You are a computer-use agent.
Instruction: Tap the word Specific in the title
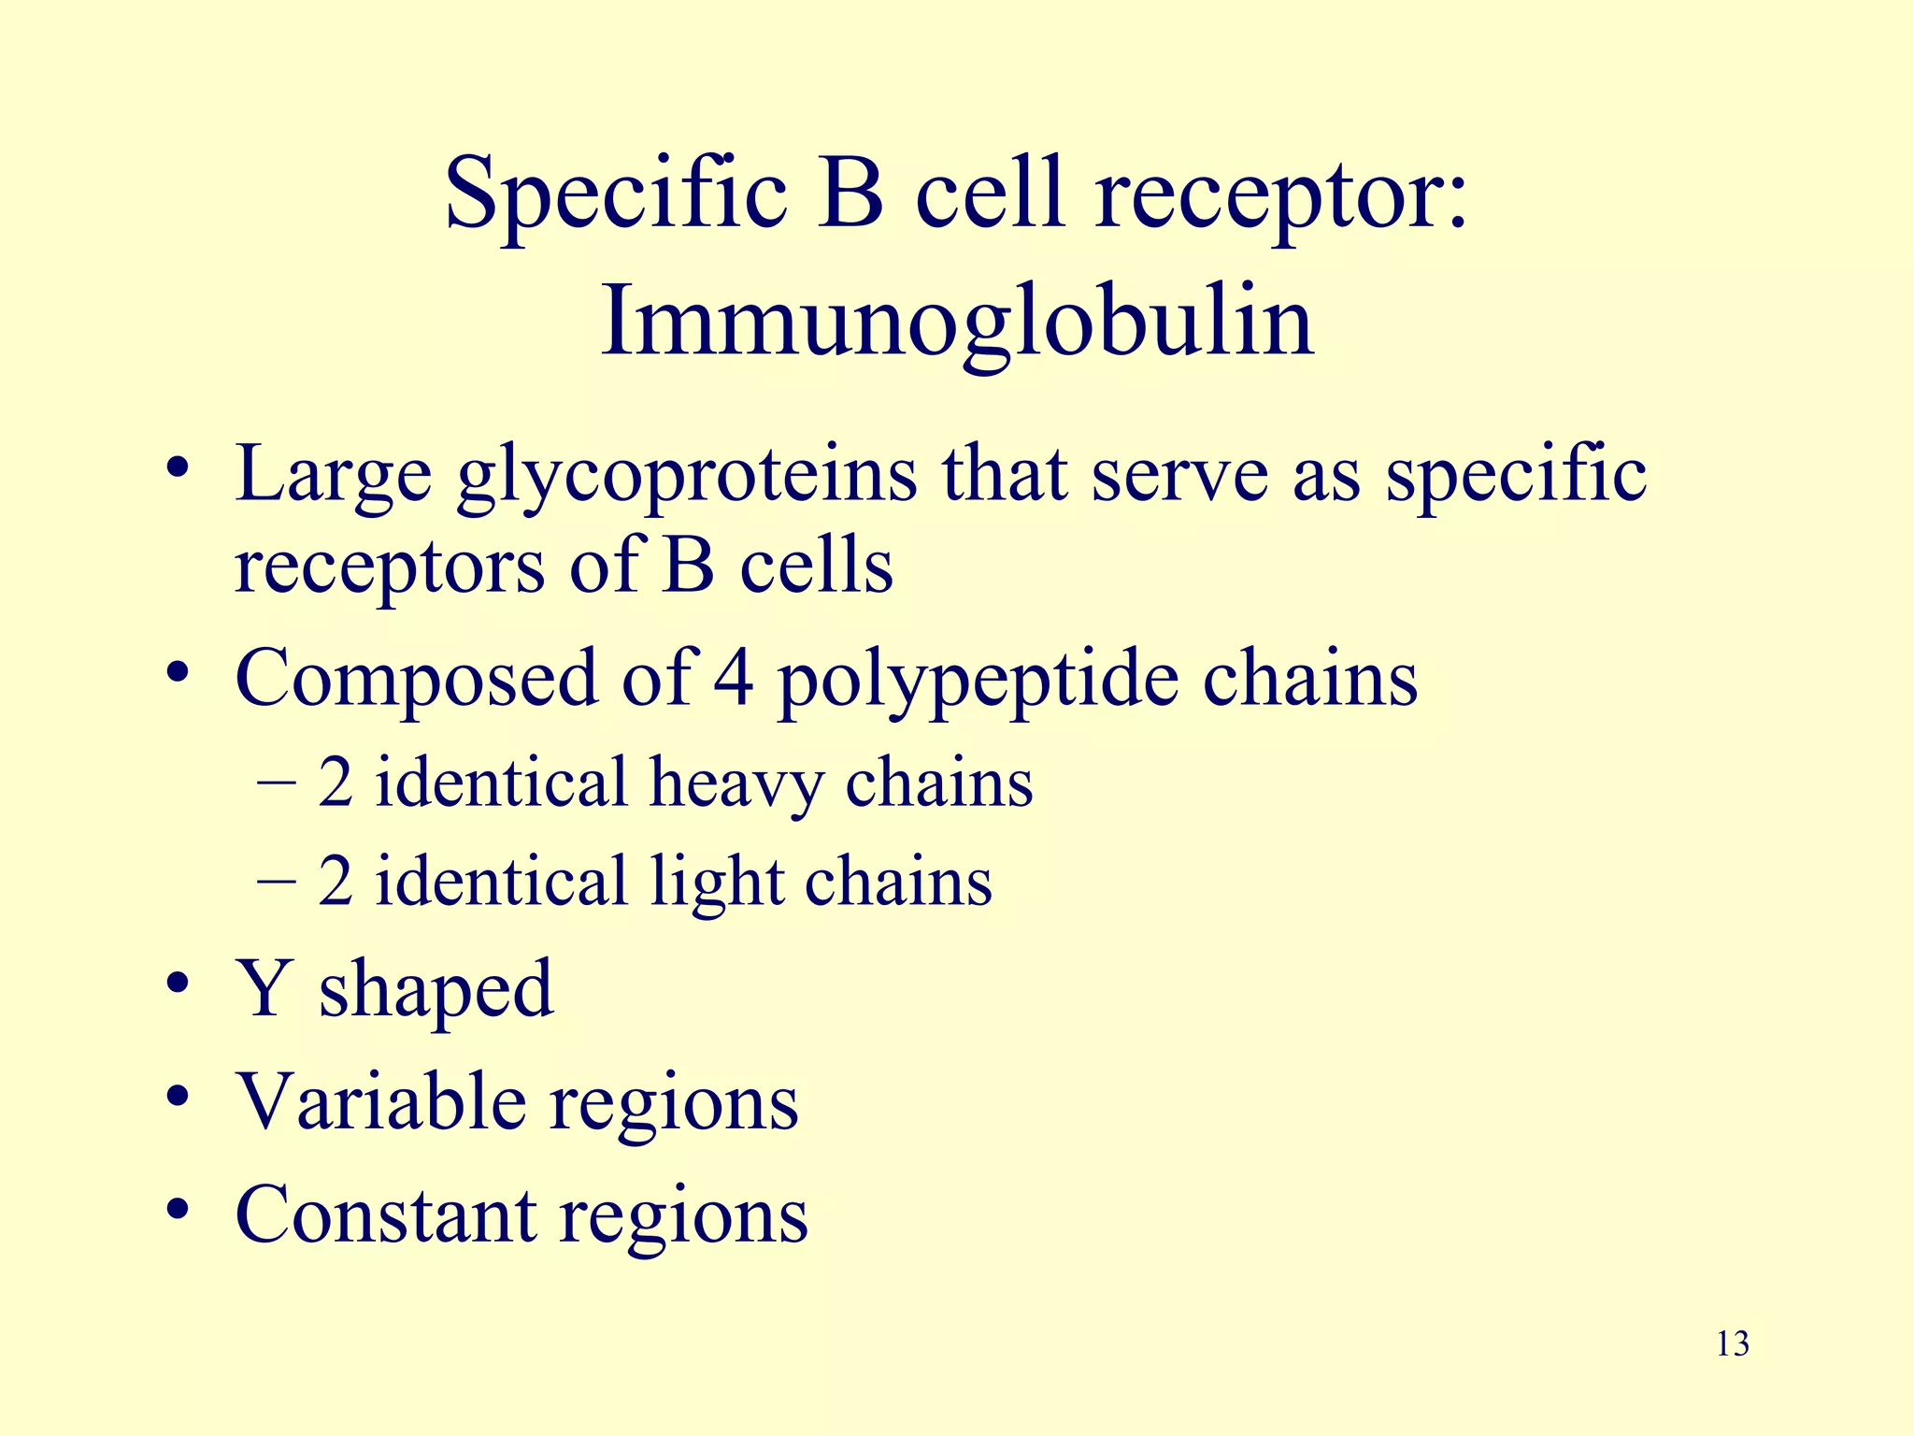coord(616,194)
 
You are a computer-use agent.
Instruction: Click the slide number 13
coord(1733,1344)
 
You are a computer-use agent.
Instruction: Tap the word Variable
coord(379,1101)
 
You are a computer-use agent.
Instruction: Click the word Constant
coord(385,1214)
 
